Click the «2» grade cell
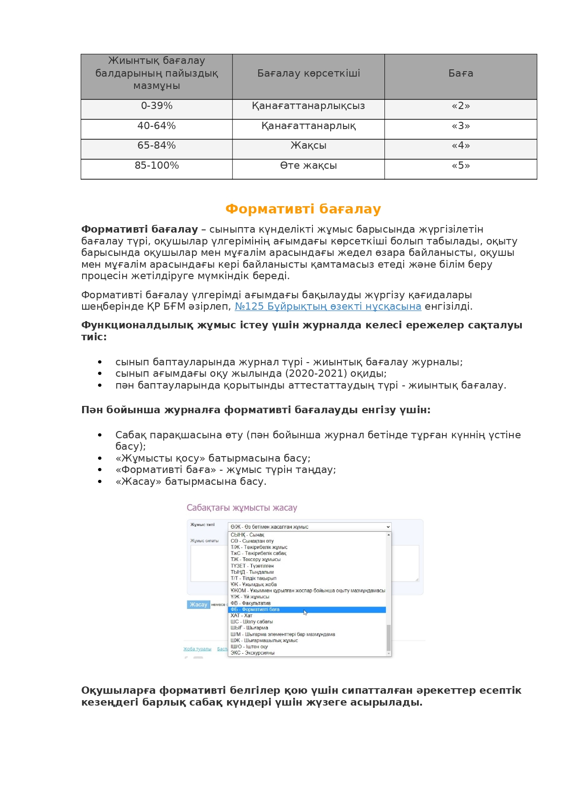461,106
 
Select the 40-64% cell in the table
156,126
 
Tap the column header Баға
461,73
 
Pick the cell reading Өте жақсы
308,166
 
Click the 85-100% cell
156,166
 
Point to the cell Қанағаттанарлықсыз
308,106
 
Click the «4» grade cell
461,145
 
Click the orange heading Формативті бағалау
303,209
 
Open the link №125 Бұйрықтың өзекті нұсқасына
328,306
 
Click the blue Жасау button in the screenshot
198,604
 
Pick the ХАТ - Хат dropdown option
241,616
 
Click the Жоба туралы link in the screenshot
197,649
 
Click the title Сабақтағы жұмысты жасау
242,508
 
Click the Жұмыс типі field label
202,525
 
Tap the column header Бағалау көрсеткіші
308,73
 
